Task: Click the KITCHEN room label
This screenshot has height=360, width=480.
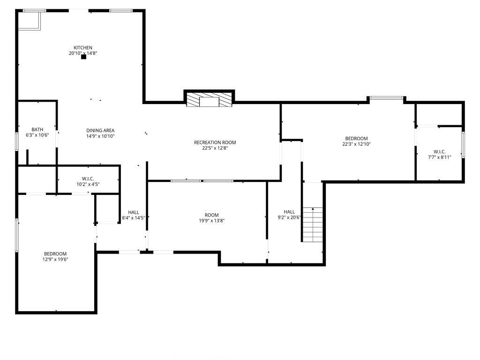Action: (x=83, y=48)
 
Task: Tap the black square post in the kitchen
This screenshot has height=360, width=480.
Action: (x=83, y=57)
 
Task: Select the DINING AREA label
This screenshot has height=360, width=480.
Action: (x=100, y=130)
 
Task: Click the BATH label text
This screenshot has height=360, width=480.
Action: (x=37, y=129)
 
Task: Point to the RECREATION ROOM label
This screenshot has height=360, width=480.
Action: (x=215, y=142)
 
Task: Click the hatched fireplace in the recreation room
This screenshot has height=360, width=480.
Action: (x=209, y=100)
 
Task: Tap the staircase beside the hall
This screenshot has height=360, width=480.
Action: (x=313, y=225)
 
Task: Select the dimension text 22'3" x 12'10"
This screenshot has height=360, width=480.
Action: (x=356, y=144)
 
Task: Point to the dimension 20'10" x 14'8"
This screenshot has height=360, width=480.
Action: (x=83, y=53)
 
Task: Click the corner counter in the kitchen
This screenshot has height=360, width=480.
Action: (x=30, y=21)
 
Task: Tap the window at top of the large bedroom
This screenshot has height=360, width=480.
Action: (x=386, y=98)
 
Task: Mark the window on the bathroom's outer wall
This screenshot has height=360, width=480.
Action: (x=17, y=141)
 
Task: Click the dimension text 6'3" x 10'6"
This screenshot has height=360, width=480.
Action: (x=37, y=135)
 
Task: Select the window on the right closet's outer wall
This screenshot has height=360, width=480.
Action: (x=463, y=144)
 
